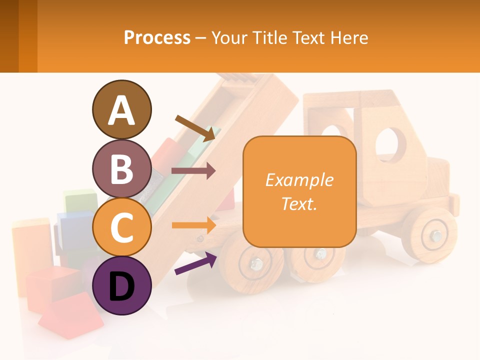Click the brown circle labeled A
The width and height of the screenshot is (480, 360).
click(121, 109)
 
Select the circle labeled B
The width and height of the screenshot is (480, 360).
click(121, 168)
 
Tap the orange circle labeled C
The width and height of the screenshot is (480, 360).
click(121, 227)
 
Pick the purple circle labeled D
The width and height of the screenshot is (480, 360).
click(121, 285)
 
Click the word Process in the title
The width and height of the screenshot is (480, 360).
click(157, 37)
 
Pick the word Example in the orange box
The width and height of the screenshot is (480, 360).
click(299, 180)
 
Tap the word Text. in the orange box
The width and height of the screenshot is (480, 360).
click(299, 203)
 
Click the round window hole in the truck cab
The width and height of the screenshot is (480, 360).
click(390, 144)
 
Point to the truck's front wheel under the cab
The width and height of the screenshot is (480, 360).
click(429, 234)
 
